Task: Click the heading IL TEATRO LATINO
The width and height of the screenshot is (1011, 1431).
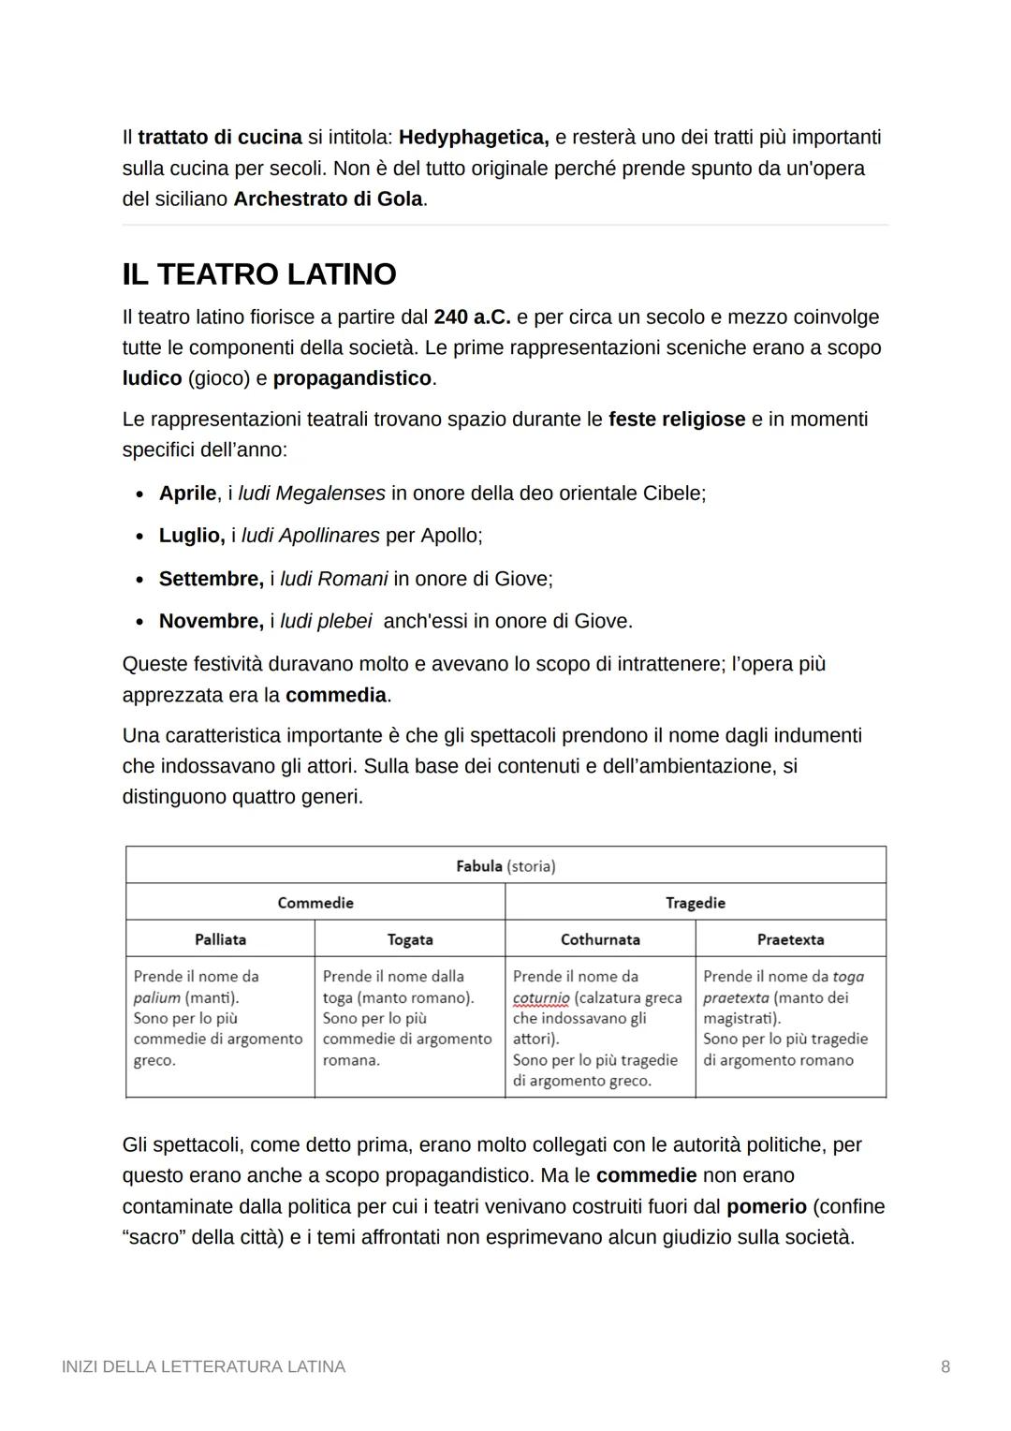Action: point(259,274)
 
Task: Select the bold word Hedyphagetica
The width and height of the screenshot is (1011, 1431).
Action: point(473,138)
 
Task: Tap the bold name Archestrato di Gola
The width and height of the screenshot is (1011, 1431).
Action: point(328,199)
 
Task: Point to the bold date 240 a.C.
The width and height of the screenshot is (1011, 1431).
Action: point(472,317)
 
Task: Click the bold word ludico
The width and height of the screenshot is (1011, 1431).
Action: point(152,378)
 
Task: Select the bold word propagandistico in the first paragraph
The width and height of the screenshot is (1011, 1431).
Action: point(353,378)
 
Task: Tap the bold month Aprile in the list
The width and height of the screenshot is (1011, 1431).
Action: point(187,494)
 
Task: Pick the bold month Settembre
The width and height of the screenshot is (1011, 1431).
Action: point(211,579)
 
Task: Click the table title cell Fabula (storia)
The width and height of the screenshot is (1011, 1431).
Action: point(505,866)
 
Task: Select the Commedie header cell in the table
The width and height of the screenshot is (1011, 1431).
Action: point(315,903)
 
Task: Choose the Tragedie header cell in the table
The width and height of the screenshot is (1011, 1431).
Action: point(696,903)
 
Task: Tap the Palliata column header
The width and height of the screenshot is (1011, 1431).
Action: point(220,939)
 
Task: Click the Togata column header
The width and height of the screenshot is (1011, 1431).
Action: point(410,939)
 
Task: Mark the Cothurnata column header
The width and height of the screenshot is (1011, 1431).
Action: point(600,939)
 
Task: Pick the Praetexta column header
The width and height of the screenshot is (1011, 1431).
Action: point(790,939)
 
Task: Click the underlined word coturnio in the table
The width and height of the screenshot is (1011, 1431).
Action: point(541,998)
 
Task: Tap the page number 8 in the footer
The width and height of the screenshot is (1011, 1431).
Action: point(945,1367)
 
